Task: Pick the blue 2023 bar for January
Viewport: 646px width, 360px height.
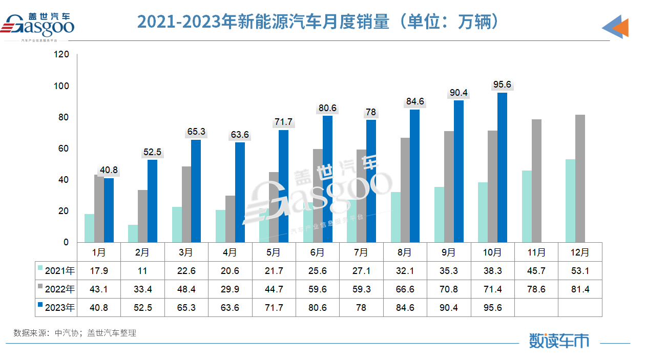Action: click(109, 210)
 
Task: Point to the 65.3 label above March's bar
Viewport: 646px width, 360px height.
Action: click(196, 132)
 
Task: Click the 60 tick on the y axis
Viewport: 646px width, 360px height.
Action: click(63, 149)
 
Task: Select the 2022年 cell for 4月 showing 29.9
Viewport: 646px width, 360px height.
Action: click(230, 289)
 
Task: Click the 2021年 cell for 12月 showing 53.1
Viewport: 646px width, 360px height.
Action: click(580, 270)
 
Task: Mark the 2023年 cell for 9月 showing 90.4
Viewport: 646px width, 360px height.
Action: click(449, 308)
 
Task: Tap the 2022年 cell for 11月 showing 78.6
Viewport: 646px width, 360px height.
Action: click(536, 289)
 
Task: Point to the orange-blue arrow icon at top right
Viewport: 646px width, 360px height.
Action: click(615, 27)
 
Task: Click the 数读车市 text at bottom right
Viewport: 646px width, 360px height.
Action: click(559, 341)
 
